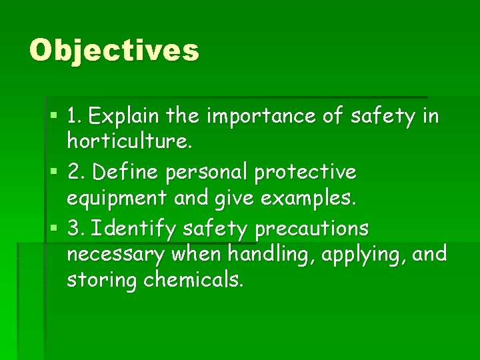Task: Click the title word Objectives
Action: pos(114,51)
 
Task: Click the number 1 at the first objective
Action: pos(73,117)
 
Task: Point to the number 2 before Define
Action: pos(75,172)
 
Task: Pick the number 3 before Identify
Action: pos(75,229)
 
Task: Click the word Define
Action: pos(123,172)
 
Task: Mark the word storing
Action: pos(101,280)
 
